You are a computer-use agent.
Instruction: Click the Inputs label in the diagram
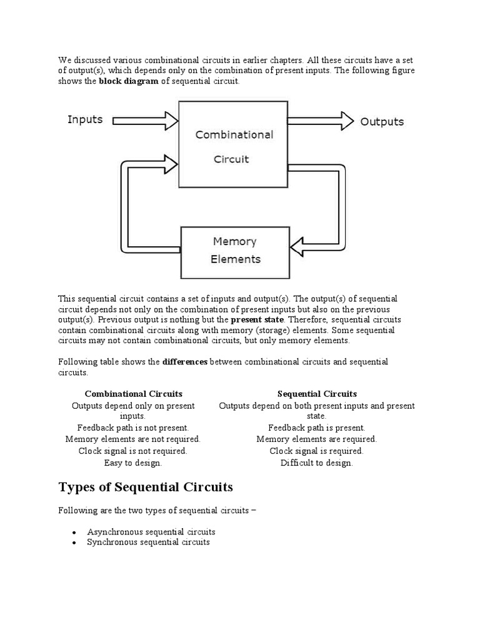tap(85, 119)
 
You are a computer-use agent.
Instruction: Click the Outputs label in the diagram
tap(382, 121)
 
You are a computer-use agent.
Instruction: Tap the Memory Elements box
tap(235, 250)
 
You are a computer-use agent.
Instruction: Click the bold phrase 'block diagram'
tap(129, 82)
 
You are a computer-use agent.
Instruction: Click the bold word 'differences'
tap(185, 362)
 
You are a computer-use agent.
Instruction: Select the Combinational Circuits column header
tap(134, 394)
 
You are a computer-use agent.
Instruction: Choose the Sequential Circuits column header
tap(317, 394)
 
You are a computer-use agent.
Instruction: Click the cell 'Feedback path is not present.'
tap(133, 427)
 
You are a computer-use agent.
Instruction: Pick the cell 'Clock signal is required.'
tap(316, 451)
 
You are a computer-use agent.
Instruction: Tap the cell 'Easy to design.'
tap(133, 463)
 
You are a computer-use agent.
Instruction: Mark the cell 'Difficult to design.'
tap(316, 463)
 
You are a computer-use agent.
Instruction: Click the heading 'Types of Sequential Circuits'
tap(146, 487)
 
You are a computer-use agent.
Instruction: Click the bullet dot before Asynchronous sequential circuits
tap(74, 532)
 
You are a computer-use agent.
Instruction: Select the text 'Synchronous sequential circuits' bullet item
tap(148, 542)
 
